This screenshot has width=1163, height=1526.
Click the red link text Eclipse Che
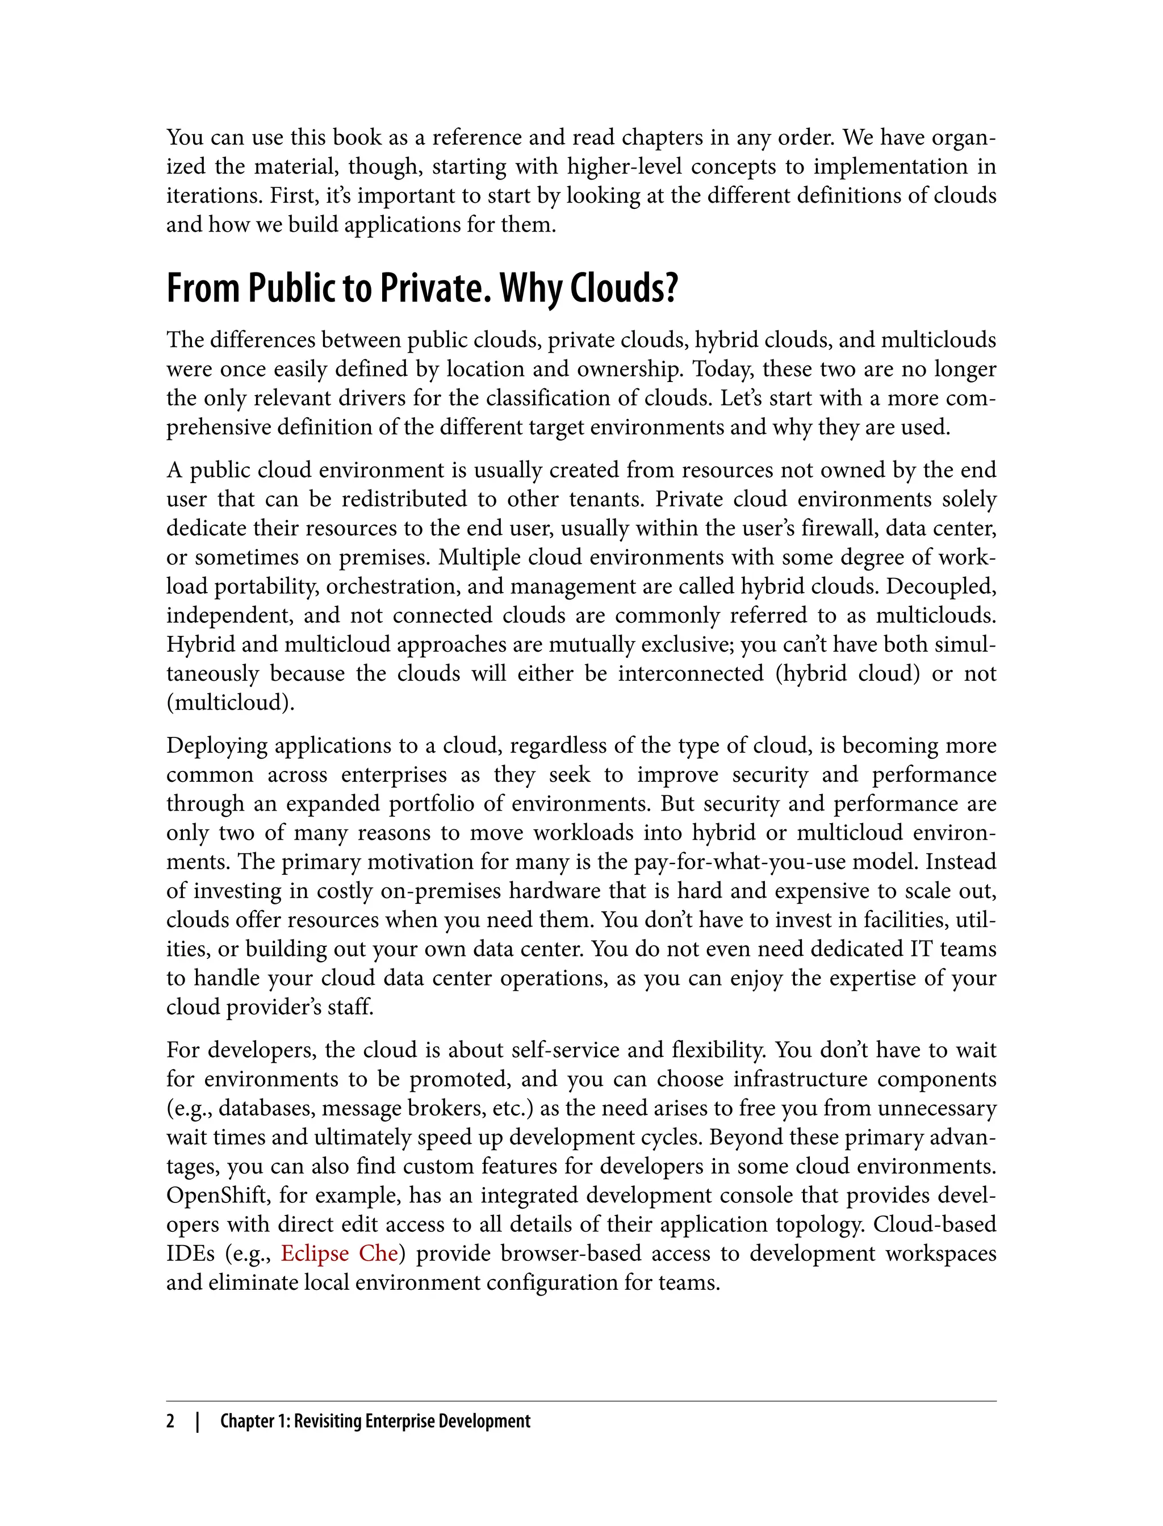click(338, 1253)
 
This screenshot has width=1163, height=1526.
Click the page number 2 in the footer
click(170, 1421)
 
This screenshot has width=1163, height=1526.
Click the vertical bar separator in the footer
click(197, 1421)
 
